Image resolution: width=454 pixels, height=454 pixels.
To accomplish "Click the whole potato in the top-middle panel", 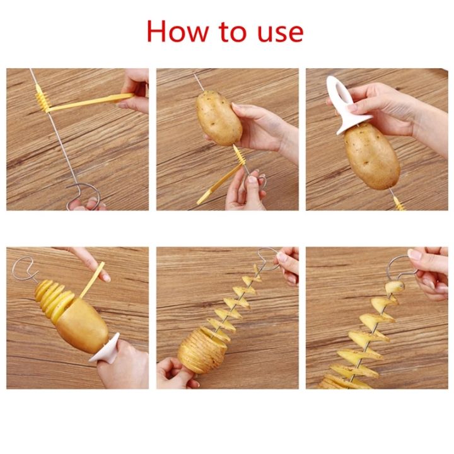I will pos(219,117).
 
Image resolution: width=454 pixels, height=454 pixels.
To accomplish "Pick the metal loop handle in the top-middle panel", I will pos(256,183).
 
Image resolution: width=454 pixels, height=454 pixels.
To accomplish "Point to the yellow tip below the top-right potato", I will pos(397,203).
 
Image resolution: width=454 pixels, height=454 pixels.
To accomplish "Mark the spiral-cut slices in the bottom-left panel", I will pos(50,296).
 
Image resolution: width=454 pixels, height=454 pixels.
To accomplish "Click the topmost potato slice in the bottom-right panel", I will pos(395,288).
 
